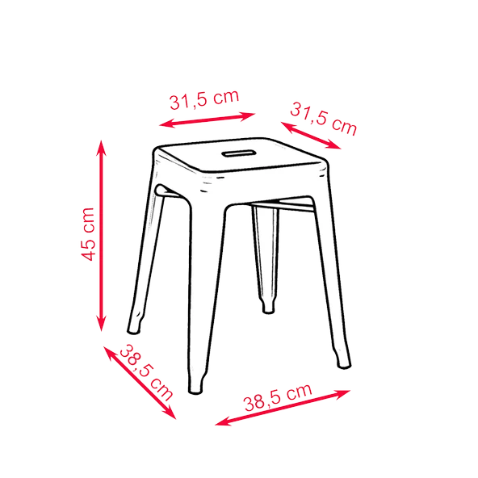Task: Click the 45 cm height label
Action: pos(88,234)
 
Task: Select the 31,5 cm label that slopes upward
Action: pos(204,99)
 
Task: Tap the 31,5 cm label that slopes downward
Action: pos(323,119)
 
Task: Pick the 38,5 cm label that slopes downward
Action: pos(146,373)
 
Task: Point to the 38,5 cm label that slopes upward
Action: pos(278,397)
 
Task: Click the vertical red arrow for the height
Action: pos(101,236)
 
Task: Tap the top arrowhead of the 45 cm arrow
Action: pos(101,148)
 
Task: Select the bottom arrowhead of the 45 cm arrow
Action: pos(101,324)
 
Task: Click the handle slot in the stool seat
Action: pos(238,153)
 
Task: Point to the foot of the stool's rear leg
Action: pos(268,308)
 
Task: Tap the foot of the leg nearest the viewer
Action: pos(195,386)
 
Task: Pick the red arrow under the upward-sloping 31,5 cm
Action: pos(207,119)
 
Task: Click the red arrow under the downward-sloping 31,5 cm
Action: pos(311,136)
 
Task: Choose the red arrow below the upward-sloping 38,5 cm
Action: pos(283,408)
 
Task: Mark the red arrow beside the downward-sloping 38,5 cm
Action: pos(140,383)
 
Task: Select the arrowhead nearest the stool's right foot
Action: pos(343,393)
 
